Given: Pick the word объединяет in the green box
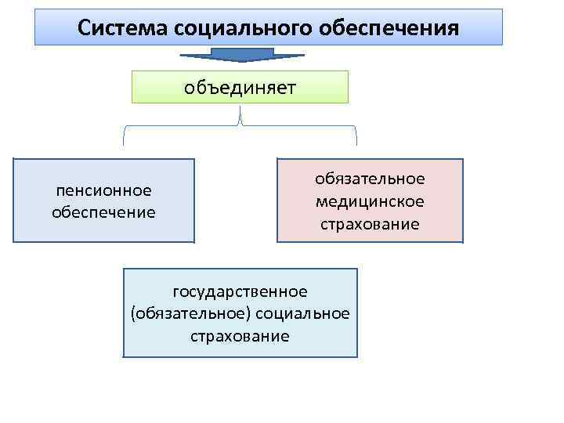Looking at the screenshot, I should click(x=240, y=87).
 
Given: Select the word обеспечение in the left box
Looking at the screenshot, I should click(x=103, y=212).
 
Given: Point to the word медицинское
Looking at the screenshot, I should click(x=370, y=202).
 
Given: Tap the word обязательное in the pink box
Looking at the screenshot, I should click(x=370, y=179).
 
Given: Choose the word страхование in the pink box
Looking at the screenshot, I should click(x=370, y=225).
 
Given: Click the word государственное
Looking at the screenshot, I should click(x=240, y=291).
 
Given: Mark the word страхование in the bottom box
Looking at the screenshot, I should click(x=240, y=337).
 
